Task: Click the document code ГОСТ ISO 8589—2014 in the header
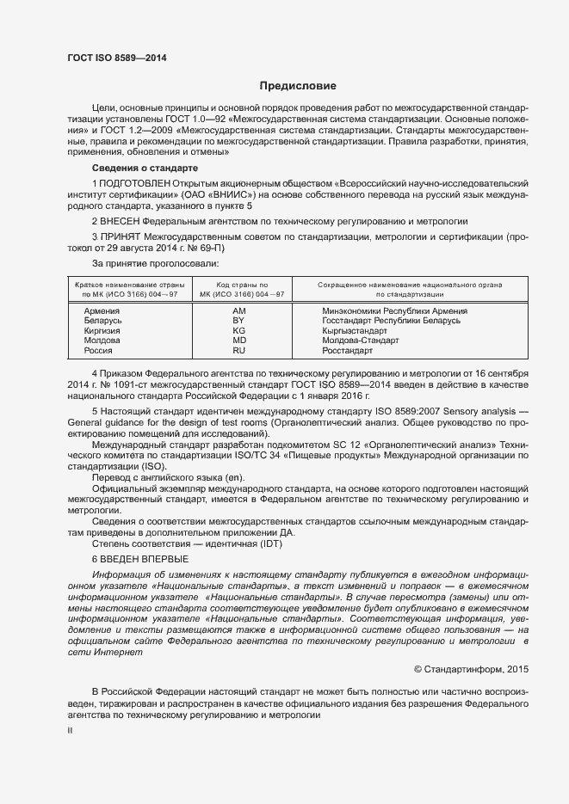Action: (116, 58)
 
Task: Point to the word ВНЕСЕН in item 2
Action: (123, 221)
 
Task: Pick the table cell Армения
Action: (102, 311)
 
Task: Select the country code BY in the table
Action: (239, 321)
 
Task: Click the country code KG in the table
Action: (239, 331)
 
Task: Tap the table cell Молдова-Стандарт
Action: (361, 341)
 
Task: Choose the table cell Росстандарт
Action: (347, 351)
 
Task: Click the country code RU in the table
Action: (239, 351)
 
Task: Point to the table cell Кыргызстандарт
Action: (355, 331)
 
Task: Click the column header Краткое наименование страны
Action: (128, 284)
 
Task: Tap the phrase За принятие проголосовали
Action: (144, 262)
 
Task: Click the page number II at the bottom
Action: (71, 730)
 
